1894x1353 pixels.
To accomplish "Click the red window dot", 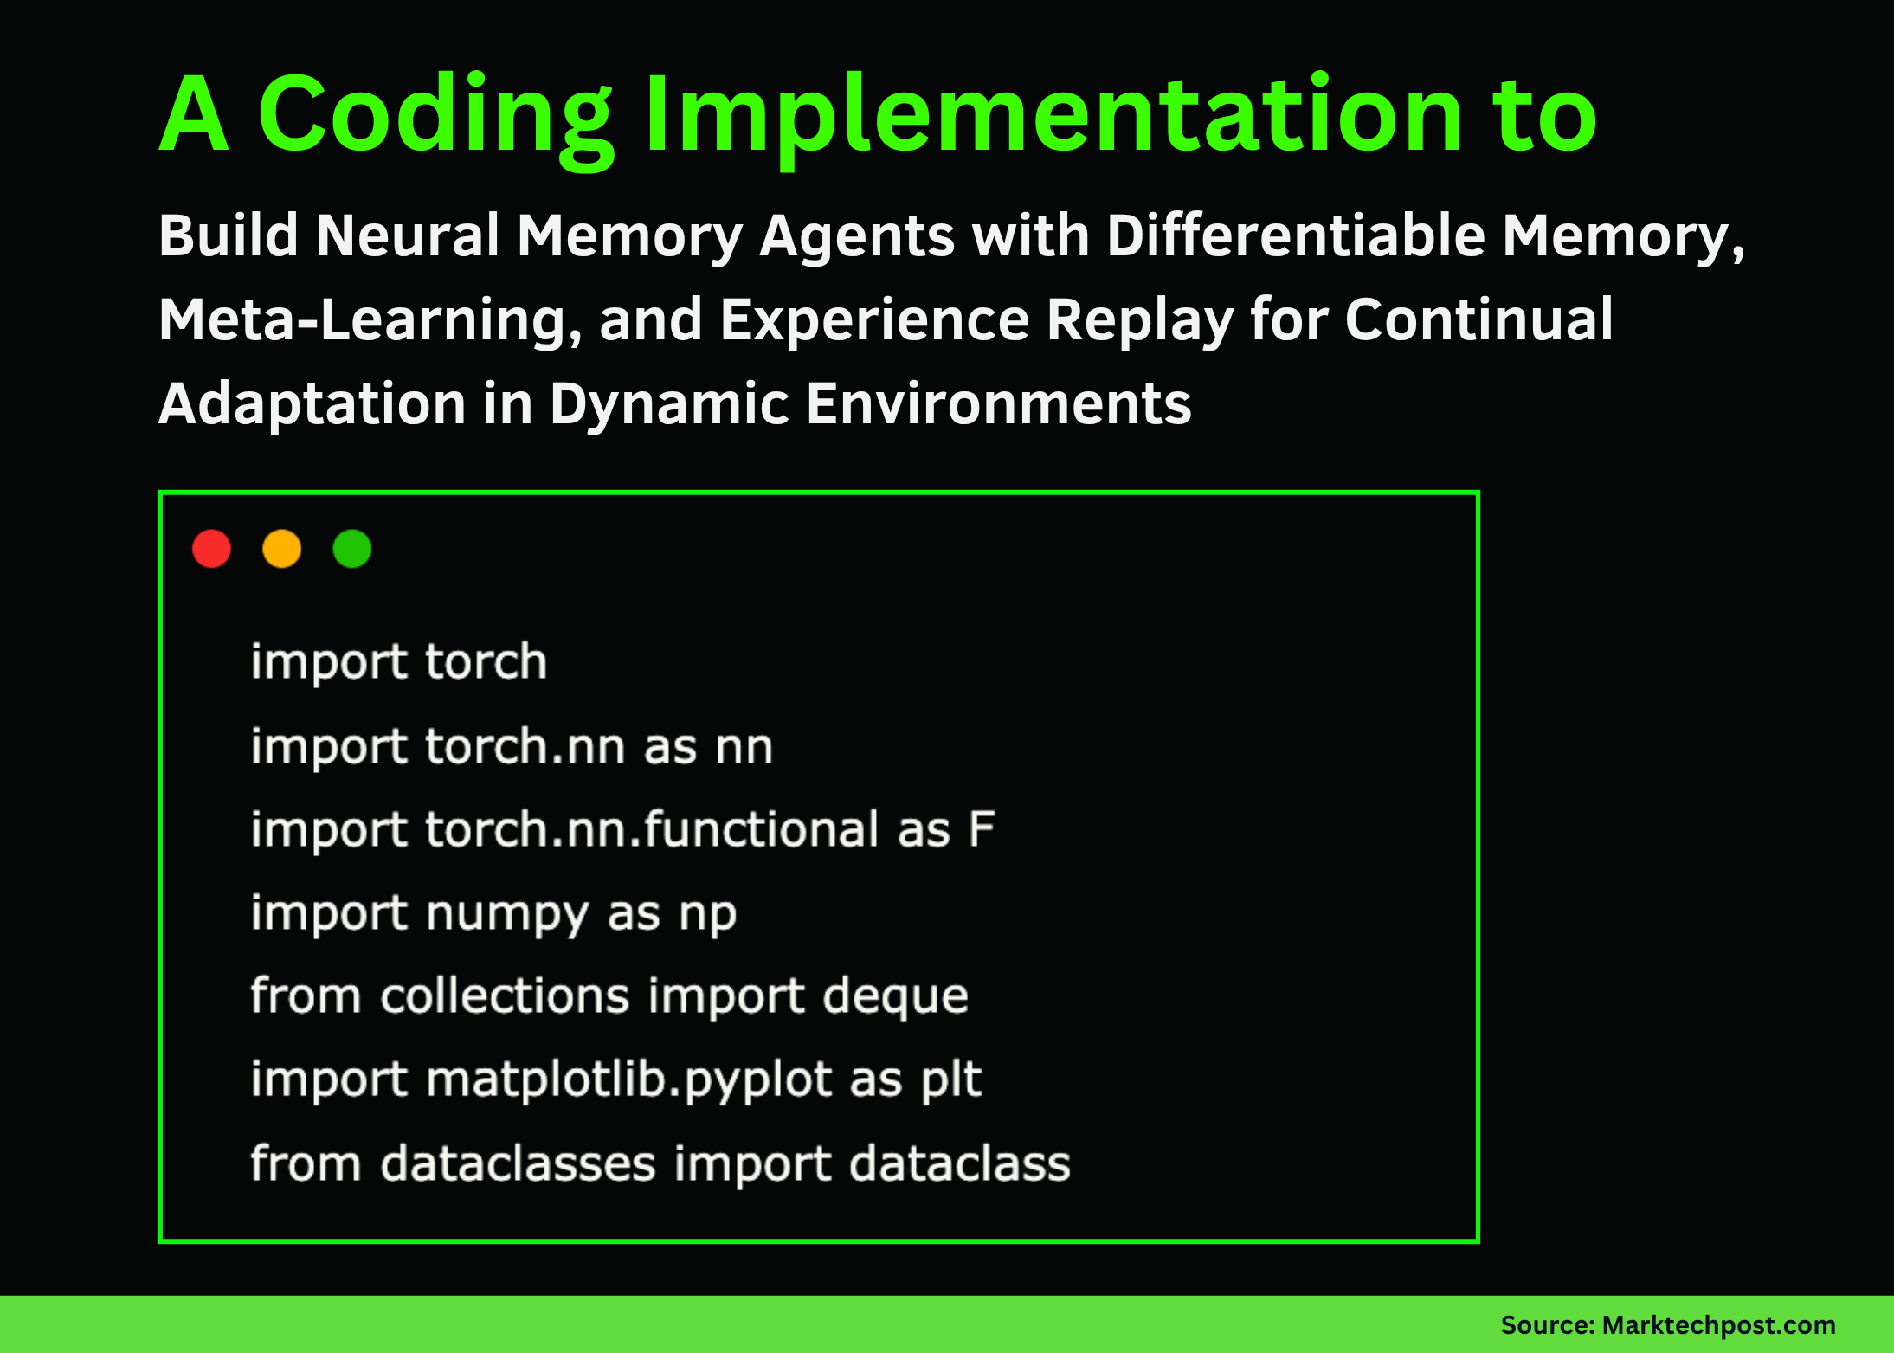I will [x=211, y=549].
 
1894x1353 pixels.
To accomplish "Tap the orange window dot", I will [x=281, y=549].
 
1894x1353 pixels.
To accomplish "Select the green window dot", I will [x=352, y=549].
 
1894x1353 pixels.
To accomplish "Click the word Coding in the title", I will [x=435, y=115].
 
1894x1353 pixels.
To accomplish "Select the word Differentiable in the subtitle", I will [x=1296, y=235].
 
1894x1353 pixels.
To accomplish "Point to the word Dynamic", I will [x=669, y=404].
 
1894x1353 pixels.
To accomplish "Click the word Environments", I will [x=999, y=404].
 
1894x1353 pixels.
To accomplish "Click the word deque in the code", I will [x=895, y=996].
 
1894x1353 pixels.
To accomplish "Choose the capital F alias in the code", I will [x=982, y=829].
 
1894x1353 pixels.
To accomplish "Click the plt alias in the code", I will [x=951, y=1080].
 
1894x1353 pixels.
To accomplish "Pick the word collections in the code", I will [x=505, y=996].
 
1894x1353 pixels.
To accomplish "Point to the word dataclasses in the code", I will [x=518, y=1163].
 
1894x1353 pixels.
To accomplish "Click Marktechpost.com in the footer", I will [x=1718, y=1325].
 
